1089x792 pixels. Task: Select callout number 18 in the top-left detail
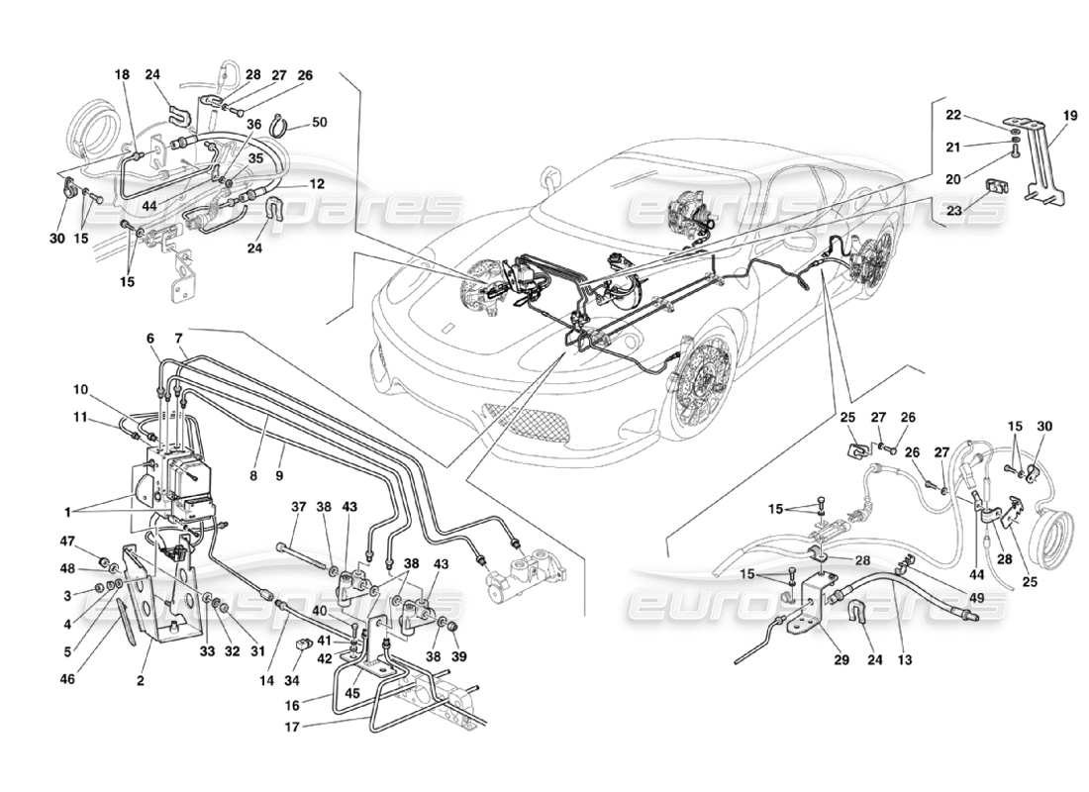(121, 74)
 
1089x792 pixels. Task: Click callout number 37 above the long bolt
(298, 507)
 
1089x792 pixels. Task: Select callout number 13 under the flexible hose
(904, 659)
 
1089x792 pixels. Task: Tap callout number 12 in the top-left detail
(317, 184)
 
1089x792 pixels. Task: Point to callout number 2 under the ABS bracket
(141, 681)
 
